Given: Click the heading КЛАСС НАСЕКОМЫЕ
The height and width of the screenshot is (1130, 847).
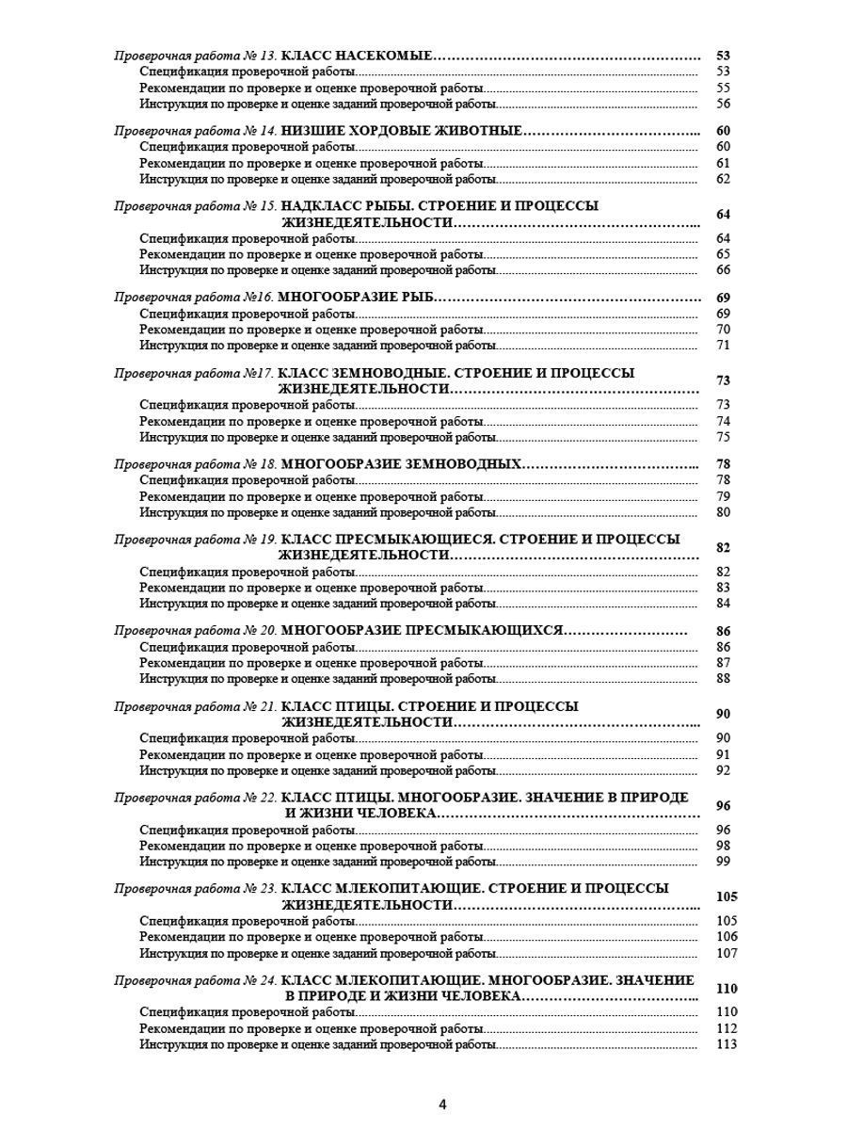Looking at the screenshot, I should coord(357,56).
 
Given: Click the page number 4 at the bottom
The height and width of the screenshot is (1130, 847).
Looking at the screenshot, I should coord(442,1104).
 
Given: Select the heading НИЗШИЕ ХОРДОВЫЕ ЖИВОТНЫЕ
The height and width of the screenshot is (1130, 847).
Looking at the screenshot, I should coord(401,131).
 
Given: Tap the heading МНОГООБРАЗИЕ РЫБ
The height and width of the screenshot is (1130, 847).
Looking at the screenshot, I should coord(358,298).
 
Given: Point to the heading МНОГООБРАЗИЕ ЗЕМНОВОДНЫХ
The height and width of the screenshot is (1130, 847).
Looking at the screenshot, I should coord(401,464).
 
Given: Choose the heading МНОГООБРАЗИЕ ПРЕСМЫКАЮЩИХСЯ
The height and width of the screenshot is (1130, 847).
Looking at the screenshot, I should coord(422,630).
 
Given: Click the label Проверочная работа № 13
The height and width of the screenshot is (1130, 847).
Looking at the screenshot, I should coord(195,56).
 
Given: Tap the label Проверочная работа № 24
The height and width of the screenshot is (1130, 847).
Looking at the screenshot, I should coord(195,981).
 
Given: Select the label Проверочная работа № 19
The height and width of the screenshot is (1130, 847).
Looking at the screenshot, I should coord(195,541).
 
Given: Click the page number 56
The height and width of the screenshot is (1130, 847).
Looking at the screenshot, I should coord(723,105).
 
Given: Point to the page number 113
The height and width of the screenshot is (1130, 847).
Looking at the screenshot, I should coord(726,1044).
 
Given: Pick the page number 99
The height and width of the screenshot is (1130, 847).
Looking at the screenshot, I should coord(723,861).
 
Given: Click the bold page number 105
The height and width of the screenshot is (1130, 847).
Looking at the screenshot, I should coord(726,896).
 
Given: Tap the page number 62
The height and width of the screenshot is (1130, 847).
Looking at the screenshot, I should coord(723,179).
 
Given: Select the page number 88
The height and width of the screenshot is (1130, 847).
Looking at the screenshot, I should coord(723,678).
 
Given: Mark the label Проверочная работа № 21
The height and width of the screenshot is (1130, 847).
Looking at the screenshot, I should coord(195,706).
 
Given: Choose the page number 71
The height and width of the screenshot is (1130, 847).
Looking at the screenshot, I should coord(723,346).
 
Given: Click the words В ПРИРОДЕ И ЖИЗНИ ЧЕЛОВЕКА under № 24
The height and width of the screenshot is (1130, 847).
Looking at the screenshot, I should coord(402,996).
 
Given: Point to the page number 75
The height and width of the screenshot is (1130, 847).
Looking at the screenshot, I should coord(723,437).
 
